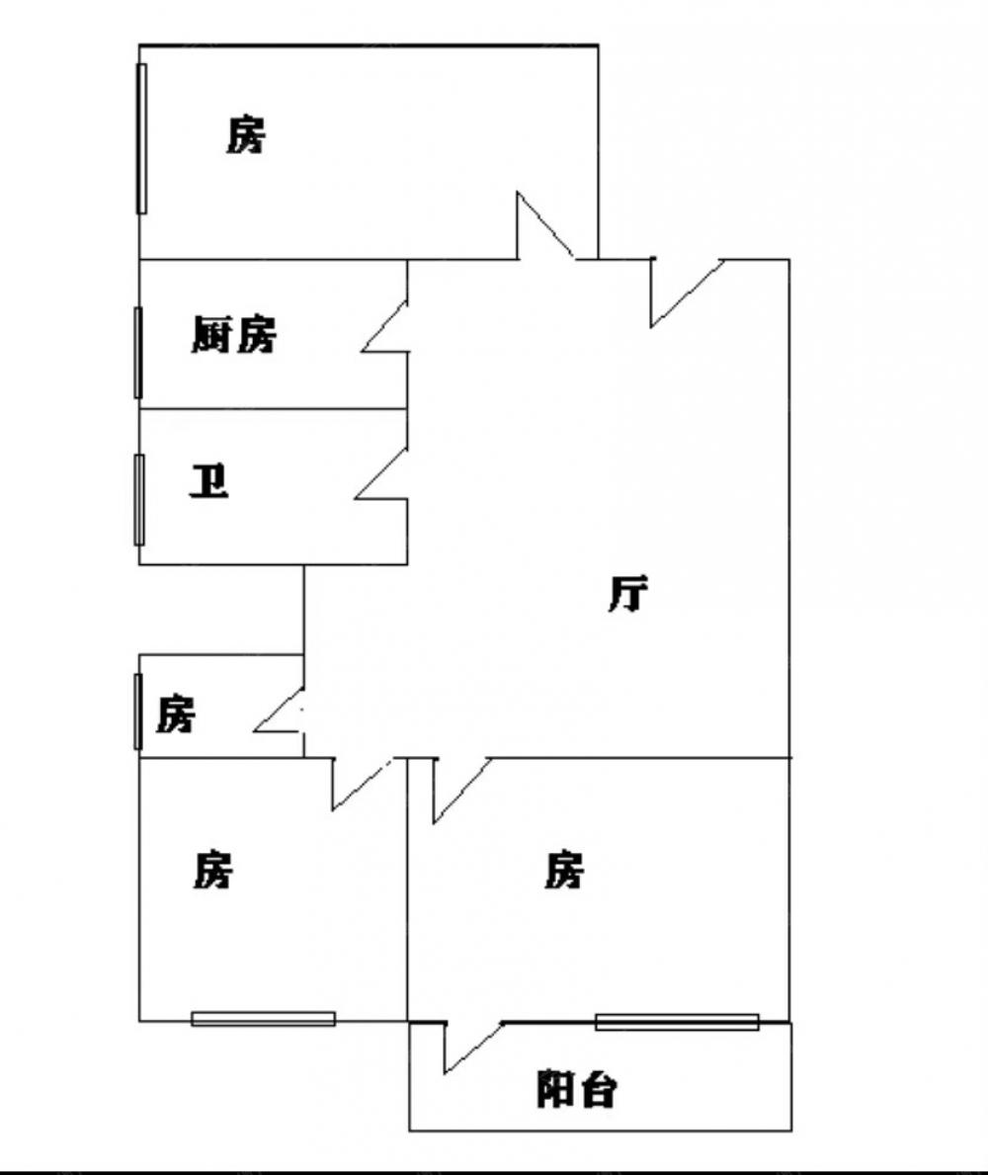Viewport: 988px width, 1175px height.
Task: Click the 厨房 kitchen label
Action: point(234,336)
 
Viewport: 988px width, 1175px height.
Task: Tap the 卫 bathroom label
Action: point(208,482)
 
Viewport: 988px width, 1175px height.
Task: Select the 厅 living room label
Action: point(628,595)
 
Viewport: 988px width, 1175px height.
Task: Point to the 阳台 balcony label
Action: point(578,1089)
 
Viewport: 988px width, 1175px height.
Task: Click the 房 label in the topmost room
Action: point(246,134)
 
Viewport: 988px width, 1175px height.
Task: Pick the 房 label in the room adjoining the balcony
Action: point(564,872)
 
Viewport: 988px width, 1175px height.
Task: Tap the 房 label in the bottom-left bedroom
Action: point(212,871)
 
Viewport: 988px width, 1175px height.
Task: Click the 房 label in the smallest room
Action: point(176,713)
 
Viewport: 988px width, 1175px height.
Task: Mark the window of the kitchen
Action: point(138,353)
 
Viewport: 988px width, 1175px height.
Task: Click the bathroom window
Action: point(139,499)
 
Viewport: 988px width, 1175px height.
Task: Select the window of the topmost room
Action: point(141,138)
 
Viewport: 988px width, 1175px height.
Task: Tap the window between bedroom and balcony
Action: point(677,1022)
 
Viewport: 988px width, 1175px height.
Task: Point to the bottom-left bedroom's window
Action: point(263,1019)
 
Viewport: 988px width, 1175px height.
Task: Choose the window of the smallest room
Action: point(138,711)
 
